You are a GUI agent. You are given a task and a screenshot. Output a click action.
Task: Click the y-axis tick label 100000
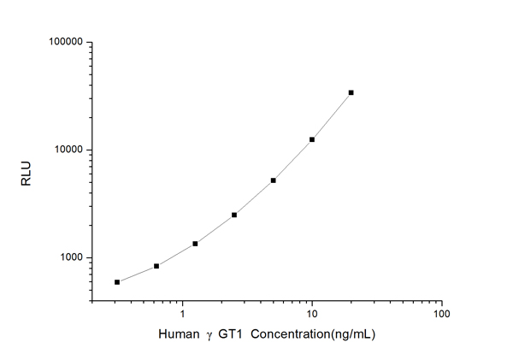click(63, 42)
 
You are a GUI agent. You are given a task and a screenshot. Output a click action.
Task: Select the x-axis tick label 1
click(182, 314)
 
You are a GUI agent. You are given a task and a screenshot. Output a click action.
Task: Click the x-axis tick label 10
click(312, 314)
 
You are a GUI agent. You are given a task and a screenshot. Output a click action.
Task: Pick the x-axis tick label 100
click(441, 314)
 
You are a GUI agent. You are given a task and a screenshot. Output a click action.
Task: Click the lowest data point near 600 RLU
click(117, 281)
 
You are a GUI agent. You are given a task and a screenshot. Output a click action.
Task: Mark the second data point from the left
click(156, 266)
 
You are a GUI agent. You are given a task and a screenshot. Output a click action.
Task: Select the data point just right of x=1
click(195, 244)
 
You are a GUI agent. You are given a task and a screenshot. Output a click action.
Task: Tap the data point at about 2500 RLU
click(234, 215)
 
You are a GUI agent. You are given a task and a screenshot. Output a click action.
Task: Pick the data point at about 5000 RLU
click(273, 180)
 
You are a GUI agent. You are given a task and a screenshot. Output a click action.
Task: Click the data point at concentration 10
click(312, 139)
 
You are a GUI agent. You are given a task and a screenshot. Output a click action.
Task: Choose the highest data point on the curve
click(351, 92)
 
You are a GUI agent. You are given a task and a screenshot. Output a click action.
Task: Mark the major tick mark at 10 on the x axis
click(312, 301)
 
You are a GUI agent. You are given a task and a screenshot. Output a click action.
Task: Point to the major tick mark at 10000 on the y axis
click(92, 150)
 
